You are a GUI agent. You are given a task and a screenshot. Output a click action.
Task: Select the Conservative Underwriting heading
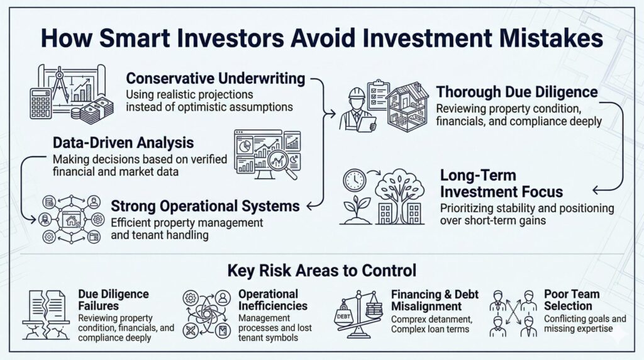click(216, 78)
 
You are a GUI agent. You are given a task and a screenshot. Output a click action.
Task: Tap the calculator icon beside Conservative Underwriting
click(41, 104)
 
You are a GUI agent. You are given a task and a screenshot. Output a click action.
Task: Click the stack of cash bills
click(96, 110)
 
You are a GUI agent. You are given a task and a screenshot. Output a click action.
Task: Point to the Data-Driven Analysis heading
click(123, 143)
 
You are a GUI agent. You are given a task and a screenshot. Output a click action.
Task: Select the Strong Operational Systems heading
click(205, 206)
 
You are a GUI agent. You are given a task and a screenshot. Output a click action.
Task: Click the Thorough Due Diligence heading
click(517, 92)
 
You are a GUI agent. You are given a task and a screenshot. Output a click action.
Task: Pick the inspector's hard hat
click(357, 93)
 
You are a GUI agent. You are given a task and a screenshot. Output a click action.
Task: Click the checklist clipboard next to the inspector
click(378, 94)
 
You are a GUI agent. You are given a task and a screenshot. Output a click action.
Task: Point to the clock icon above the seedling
click(355, 180)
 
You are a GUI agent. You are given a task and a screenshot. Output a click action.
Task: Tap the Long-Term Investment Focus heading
click(501, 183)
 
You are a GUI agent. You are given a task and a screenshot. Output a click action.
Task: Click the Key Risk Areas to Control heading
click(321, 271)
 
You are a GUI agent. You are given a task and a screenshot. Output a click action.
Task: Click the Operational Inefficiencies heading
click(273, 300)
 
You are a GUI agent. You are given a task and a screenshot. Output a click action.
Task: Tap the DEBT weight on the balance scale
click(344, 315)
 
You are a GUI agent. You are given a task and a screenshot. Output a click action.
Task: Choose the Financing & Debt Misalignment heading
click(435, 300)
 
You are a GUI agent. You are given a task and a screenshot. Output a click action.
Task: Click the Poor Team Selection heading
click(572, 300)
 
